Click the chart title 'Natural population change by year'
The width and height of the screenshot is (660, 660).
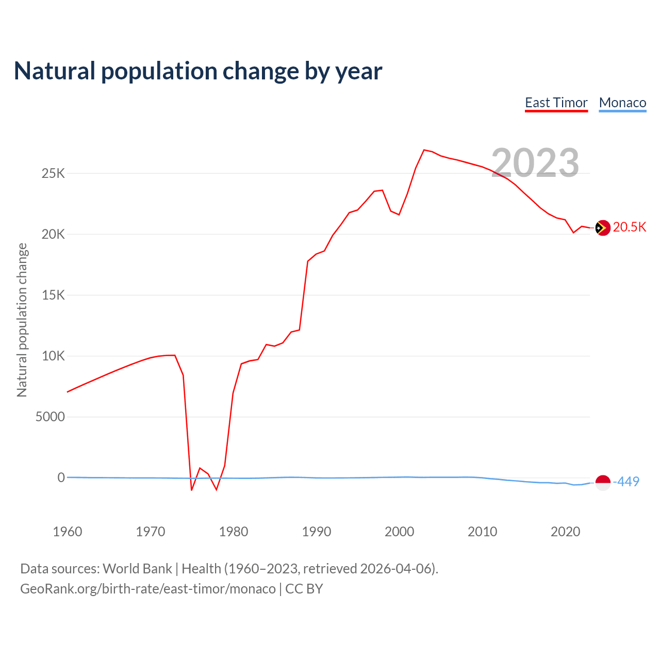[x=198, y=71]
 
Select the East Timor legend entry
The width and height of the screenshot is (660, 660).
[x=556, y=103]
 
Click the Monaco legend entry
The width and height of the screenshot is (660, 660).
[x=622, y=103]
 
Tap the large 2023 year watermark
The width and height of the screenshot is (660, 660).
[x=535, y=163]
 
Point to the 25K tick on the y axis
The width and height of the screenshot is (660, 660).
[x=54, y=173]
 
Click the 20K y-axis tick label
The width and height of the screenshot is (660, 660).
[x=54, y=235]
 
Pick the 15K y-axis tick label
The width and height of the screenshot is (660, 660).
[x=54, y=295]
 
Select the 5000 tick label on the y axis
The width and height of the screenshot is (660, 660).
[x=50, y=417]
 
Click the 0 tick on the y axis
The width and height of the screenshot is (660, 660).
[x=61, y=477]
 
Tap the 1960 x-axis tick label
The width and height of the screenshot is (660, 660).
[x=68, y=532]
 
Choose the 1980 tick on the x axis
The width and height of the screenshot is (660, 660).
[x=234, y=532]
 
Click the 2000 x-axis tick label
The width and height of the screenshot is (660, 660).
[x=399, y=532]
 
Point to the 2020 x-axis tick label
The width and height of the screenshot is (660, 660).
[x=565, y=532]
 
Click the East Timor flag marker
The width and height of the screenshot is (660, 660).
[x=602, y=227]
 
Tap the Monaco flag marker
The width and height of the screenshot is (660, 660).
[x=602, y=482]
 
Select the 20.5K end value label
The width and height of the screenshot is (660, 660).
[x=629, y=227]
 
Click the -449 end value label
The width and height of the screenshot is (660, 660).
[x=626, y=482]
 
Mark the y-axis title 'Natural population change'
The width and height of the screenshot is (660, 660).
[x=22, y=320]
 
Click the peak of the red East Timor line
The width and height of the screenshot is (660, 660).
[x=424, y=150]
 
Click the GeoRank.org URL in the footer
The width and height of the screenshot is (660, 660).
[x=148, y=589]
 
